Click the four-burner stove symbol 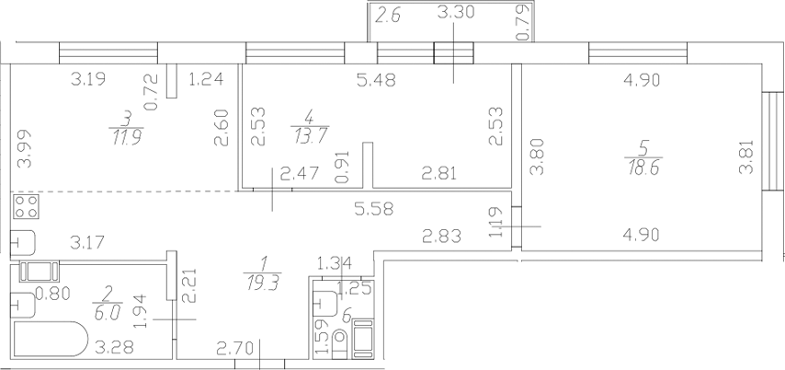pyautogui.click(x=27, y=207)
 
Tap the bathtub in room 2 pyautogui.click(x=51, y=339)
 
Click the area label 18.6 pyautogui.click(x=643, y=167)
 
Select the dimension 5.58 pyautogui.click(x=374, y=209)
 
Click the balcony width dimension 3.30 pyautogui.click(x=455, y=13)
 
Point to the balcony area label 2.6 pyautogui.click(x=389, y=16)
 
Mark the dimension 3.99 pyautogui.click(x=24, y=148)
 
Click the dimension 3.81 pyautogui.click(x=745, y=156)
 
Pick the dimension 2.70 pyautogui.click(x=234, y=346)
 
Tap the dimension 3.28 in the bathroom pyautogui.click(x=114, y=347)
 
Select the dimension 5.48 pyautogui.click(x=376, y=80)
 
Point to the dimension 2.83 pyautogui.click(x=441, y=236)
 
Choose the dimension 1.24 pyautogui.click(x=205, y=79)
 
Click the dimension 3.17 pyautogui.click(x=87, y=243)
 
